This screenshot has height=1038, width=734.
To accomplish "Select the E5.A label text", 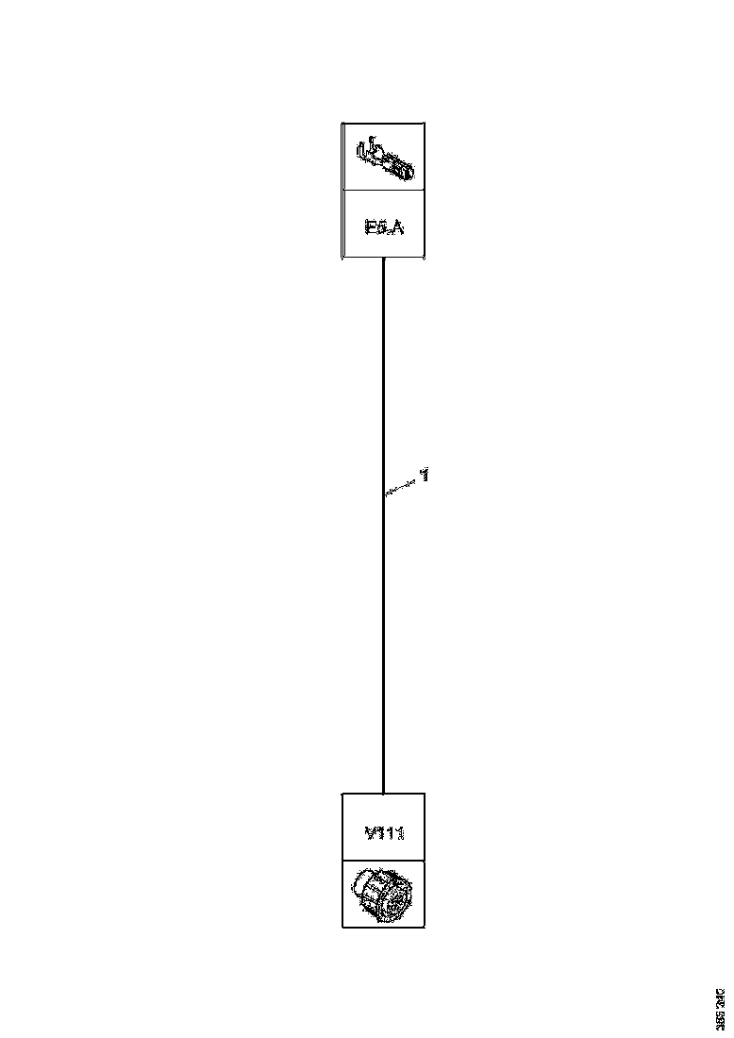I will [x=383, y=226].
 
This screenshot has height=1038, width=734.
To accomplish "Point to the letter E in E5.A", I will [x=369, y=226].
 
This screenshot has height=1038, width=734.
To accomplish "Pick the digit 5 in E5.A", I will [x=379, y=226].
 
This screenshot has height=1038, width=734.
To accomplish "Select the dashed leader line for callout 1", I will [x=403, y=486].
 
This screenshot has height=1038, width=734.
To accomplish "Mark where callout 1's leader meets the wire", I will [x=384, y=494].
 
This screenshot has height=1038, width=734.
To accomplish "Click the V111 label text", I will [x=384, y=833].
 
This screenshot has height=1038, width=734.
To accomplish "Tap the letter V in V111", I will [x=370, y=833].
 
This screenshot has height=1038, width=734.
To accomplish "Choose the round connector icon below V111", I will [x=382, y=894].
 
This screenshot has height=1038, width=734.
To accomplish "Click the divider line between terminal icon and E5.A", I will [x=383, y=190].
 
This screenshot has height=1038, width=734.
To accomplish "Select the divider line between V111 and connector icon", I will [x=383, y=861].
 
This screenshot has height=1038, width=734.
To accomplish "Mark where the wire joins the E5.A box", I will [x=383, y=259].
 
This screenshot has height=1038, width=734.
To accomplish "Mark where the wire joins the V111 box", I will [x=383, y=794].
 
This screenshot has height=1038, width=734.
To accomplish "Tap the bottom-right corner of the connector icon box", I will [x=425, y=927].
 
